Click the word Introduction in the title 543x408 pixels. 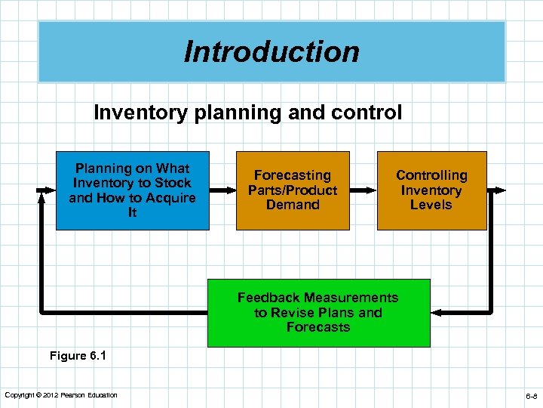coord(271,52)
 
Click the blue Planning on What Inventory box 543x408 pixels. coord(132,190)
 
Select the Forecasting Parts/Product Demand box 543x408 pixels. coord(293,190)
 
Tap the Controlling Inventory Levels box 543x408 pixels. coord(431,190)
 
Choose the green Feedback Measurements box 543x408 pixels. coord(318,313)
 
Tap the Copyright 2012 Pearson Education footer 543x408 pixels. coord(61,395)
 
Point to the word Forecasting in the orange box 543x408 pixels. coord(293,175)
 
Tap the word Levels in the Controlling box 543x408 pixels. coord(431,205)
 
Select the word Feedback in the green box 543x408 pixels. coord(269,298)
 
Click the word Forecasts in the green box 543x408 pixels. coord(318,327)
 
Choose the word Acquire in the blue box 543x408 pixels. coord(171,198)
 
